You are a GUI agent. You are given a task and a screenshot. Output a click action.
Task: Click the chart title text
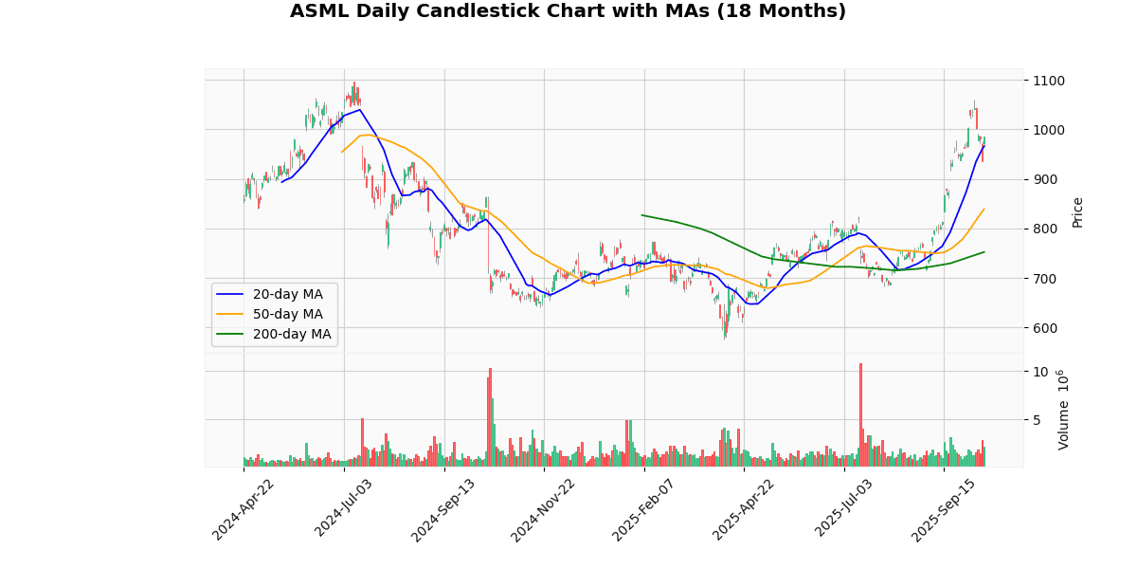pyautogui.click(x=568, y=11)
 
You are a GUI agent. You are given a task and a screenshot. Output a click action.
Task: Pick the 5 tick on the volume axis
pyautogui.click(x=1038, y=419)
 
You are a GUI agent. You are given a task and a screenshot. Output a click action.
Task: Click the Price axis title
pyautogui.click(x=1077, y=211)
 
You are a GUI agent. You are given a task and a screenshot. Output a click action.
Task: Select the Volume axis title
pyautogui.click(x=1063, y=410)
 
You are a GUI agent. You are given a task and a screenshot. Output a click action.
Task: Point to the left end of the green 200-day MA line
pyautogui.click(x=642, y=215)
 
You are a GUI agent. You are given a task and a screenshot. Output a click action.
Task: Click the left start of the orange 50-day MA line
pyautogui.click(x=342, y=152)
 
